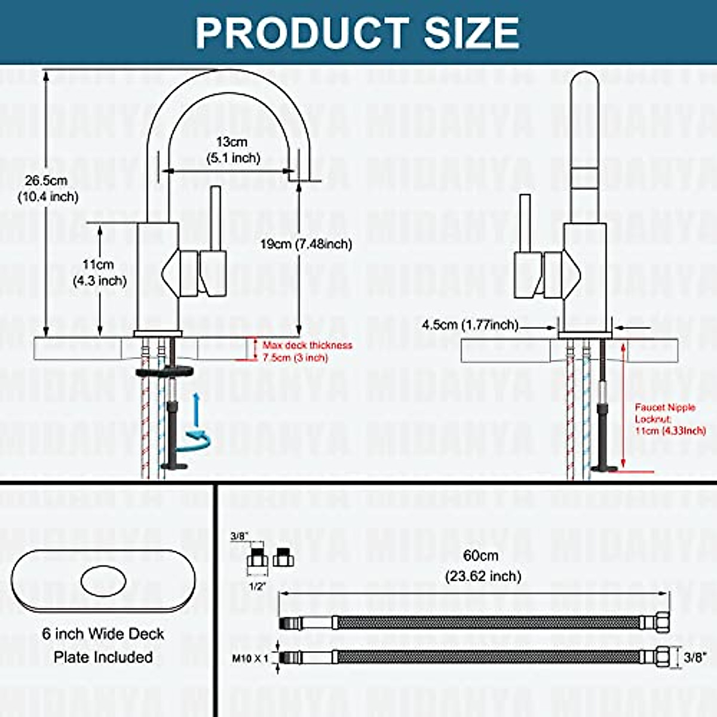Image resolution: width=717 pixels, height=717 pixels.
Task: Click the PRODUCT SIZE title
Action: tap(357, 32)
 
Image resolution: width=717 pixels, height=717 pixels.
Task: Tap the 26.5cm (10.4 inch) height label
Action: tap(48, 188)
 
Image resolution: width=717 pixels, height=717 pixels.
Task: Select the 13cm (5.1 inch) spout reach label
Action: tap(232, 150)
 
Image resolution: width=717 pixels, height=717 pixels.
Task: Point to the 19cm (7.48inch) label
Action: tap(306, 244)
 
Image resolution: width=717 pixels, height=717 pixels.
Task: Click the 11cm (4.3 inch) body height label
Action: tap(99, 272)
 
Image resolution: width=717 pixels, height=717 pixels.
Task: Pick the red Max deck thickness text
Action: tap(307, 351)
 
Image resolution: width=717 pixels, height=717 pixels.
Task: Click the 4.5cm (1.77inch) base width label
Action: tap(470, 325)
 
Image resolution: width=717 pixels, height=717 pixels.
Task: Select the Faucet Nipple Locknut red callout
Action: tap(669, 418)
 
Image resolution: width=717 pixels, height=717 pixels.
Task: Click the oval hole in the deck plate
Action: tap(103, 580)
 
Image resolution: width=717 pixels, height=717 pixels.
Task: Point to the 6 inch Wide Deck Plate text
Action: tap(103, 645)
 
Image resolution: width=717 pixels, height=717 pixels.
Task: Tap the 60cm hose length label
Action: tap(482, 565)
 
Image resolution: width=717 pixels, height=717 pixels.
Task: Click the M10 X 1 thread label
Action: tap(250, 658)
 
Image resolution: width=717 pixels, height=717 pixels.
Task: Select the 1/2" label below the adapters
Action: tap(257, 587)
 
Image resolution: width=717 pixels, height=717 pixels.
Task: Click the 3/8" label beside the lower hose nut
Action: tap(694, 658)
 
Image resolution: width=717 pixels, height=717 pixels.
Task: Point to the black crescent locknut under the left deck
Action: tap(165, 371)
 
